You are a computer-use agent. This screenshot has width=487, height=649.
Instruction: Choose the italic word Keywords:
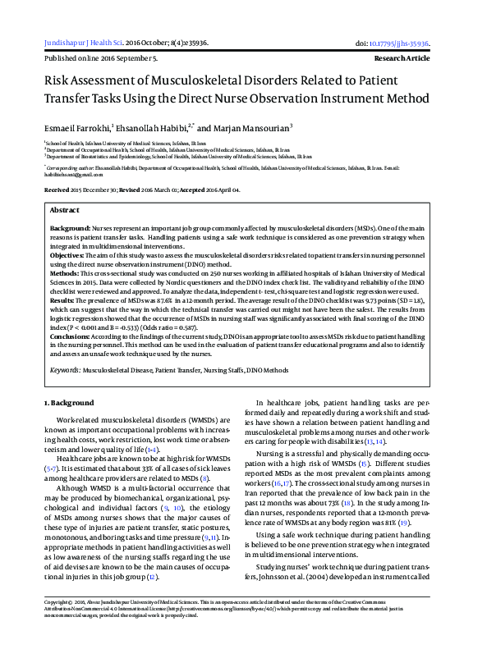[64, 370]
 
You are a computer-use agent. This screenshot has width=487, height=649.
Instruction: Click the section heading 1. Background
[68, 404]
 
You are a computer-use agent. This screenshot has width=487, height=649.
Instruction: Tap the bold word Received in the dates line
[58, 190]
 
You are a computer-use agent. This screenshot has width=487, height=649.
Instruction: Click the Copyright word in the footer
[59, 624]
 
